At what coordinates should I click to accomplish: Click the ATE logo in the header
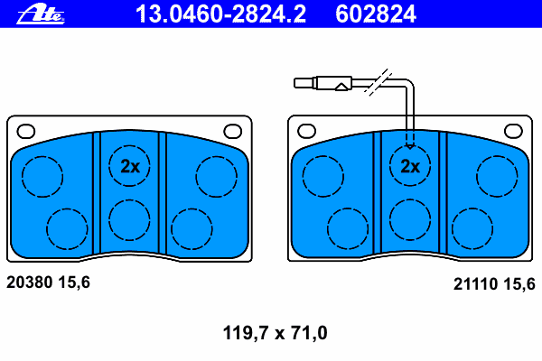(41, 14)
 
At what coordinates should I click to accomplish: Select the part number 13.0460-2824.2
(220, 14)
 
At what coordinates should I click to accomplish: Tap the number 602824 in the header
(376, 14)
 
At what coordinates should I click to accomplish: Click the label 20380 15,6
(48, 282)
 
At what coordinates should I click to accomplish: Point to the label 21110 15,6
(494, 284)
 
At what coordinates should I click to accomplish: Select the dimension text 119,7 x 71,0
(275, 333)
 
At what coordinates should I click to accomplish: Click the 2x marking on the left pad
(130, 166)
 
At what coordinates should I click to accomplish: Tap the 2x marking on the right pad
(410, 166)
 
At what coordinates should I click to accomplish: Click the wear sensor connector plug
(322, 83)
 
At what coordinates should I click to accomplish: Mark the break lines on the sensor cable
(378, 82)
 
